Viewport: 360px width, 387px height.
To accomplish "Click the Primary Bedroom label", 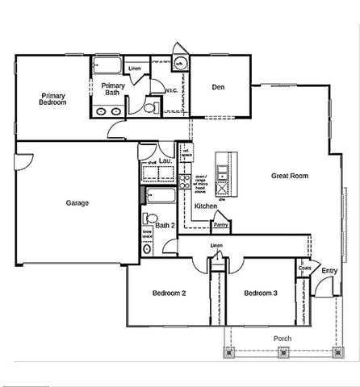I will pyautogui.click(x=52, y=99).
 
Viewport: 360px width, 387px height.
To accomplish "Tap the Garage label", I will pyautogui.click(x=77, y=203).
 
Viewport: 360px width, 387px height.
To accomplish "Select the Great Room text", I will pyautogui.click(x=290, y=175).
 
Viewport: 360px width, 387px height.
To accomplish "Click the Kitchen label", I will pyautogui.click(x=206, y=206).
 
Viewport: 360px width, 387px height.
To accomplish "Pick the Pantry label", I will pyautogui.click(x=220, y=225).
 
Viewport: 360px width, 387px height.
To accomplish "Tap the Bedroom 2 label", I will pyautogui.click(x=170, y=293).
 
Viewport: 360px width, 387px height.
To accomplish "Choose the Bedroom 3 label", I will pyautogui.click(x=261, y=293).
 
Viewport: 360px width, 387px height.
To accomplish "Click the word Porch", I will pyautogui.click(x=283, y=338).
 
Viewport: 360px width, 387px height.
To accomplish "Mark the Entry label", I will pyautogui.click(x=329, y=271).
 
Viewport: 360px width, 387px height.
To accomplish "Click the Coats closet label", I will pyautogui.click(x=304, y=268).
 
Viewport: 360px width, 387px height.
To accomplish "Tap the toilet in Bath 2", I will pyautogui.click(x=149, y=218).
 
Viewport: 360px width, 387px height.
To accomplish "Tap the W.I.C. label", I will pyautogui.click(x=171, y=90).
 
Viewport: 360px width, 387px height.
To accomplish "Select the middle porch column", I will pyautogui.click(x=283, y=351).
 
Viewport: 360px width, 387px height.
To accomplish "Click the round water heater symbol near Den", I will pyautogui.click(x=179, y=64).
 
